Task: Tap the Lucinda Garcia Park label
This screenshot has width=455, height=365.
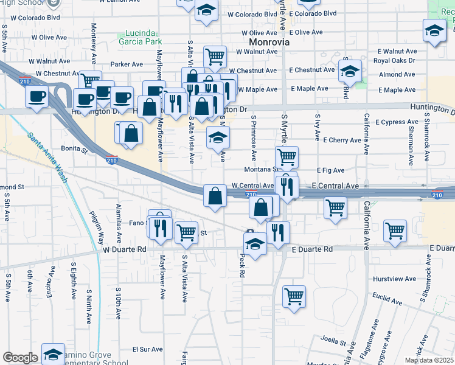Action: tap(139, 38)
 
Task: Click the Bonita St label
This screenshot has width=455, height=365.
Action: tap(75, 148)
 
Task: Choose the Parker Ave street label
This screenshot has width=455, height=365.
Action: tap(127, 64)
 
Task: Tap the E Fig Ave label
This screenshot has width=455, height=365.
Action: tap(330, 171)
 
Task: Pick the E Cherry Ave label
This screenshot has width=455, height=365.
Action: tap(342, 140)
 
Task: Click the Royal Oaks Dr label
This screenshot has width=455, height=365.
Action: tap(394, 61)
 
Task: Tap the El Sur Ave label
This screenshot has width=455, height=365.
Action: tap(148, 350)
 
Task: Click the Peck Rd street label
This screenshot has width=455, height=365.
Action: tap(241, 266)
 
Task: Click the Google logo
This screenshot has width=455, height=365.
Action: tap(20, 358)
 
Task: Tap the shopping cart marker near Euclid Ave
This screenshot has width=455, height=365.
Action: tap(294, 297)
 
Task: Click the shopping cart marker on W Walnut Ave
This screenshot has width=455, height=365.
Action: tap(215, 57)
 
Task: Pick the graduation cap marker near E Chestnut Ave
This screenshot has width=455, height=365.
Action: tap(350, 71)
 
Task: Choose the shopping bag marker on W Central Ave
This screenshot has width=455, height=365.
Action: tap(215, 196)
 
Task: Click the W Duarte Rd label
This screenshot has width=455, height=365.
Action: tap(125, 249)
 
